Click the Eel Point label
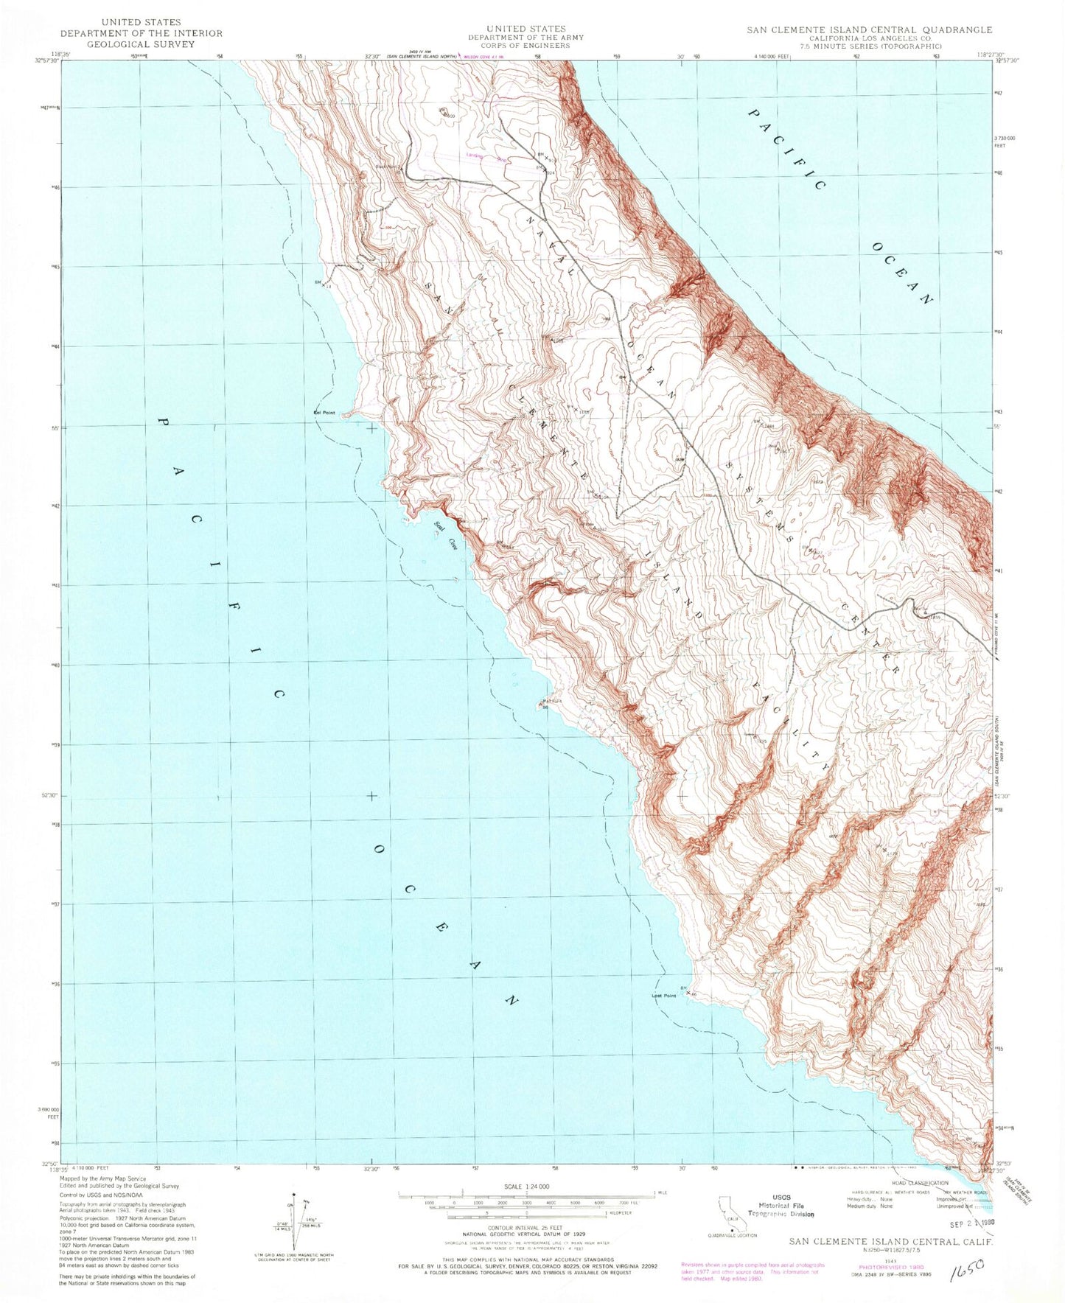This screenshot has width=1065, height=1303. click(324, 413)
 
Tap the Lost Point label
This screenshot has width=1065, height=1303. click(663, 996)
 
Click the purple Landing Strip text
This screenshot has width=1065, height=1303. click(484, 156)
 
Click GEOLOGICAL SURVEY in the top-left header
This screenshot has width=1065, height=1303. click(141, 44)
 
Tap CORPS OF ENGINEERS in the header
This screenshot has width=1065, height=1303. click(526, 46)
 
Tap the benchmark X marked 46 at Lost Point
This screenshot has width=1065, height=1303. click(689, 993)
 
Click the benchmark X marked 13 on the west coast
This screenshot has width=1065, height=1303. click(322, 282)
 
